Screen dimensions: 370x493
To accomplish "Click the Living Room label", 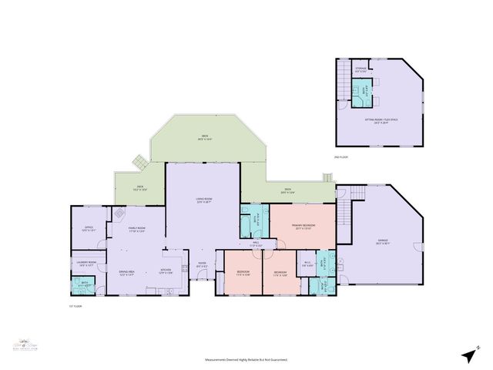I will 203,203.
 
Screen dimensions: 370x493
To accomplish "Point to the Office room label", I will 89,228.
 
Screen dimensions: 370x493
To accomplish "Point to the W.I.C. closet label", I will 306,264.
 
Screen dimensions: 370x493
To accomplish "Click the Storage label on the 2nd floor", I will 361,70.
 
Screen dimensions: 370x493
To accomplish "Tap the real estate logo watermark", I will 24,345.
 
